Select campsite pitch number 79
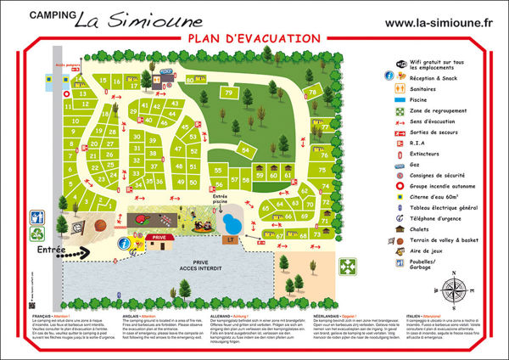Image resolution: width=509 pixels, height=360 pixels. tap(228, 93)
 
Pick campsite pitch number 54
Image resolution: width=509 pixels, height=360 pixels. tap(245, 150)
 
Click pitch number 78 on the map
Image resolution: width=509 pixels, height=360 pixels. tap(312, 92)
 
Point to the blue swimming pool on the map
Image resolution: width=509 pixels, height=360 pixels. tap(230, 222)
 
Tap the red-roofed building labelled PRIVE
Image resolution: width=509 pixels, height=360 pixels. tap(156, 240)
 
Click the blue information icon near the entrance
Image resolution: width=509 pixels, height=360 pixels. tap(125, 243)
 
